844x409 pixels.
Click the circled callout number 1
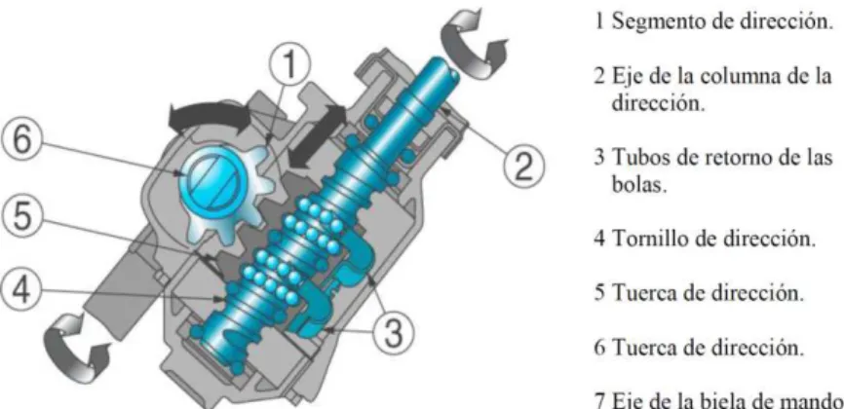pyautogui.click(x=289, y=66)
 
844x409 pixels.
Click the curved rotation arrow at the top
pyautogui.click(x=474, y=42)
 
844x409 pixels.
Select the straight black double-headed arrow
pyautogui.click(x=316, y=136)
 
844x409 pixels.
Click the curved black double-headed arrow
pyautogui.click(x=210, y=112)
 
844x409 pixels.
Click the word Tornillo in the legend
pyautogui.click(x=649, y=238)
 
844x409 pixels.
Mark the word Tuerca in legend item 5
pyautogui.click(x=644, y=292)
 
